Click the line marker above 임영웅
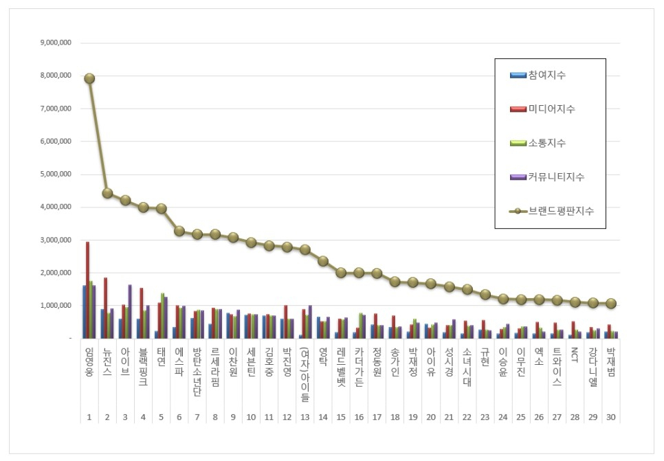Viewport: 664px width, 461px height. click(x=89, y=78)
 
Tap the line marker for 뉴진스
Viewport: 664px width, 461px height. click(x=107, y=193)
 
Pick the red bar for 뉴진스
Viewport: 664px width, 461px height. click(x=106, y=308)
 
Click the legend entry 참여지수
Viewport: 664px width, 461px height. click(x=547, y=75)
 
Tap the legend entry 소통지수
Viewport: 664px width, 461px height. click(x=547, y=143)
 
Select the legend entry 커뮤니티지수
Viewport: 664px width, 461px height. click(x=556, y=177)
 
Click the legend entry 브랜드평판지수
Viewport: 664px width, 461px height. click(x=561, y=211)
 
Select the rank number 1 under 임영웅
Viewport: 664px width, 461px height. click(x=89, y=417)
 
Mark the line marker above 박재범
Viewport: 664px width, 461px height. click(x=610, y=304)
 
